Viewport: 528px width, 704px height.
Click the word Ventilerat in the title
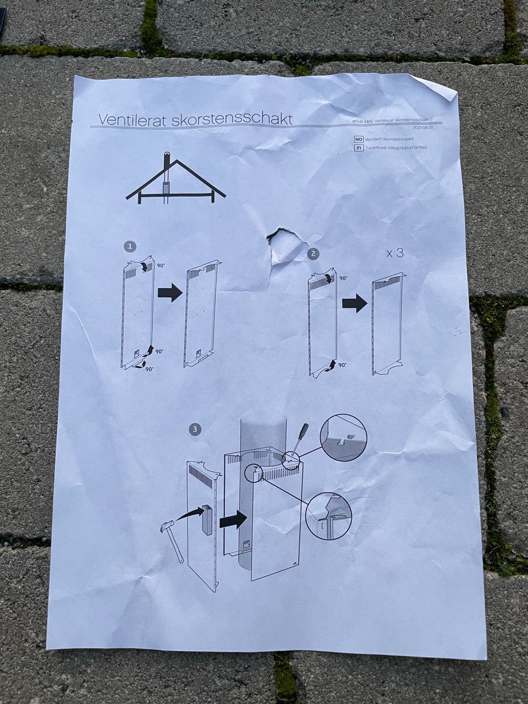(x=131, y=119)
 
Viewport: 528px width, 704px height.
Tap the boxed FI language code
(x=359, y=148)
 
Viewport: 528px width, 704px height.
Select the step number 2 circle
(x=313, y=254)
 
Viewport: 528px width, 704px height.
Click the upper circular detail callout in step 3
(x=344, y=438)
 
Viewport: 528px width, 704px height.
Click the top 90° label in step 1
(x=161, y=266)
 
